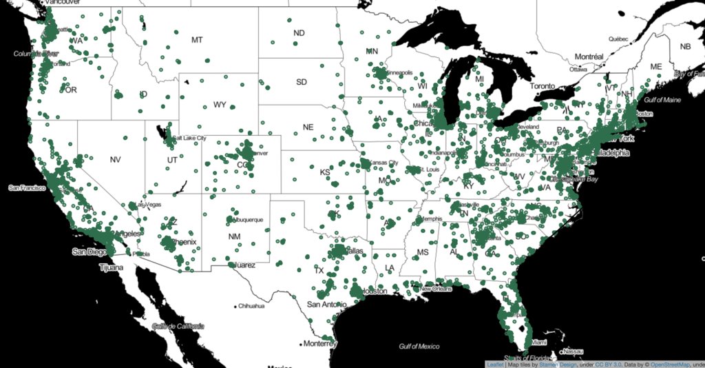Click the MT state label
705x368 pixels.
tap(197, 40)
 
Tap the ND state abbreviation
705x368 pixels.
tap(299, 33)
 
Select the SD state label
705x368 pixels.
tap(302, 82)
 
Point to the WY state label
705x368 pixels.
tap(220, 105)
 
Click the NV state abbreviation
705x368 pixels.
tap(115, 160)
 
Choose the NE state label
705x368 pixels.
tap(308, 127)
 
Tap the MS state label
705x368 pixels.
tap(423, 253)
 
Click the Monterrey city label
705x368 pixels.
tap(319, 343)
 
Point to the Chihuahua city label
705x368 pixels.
tap(251, 306)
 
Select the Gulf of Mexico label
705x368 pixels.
tap(419, 345)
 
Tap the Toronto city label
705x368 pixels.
tap(547, 87)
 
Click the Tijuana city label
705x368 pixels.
tap(114, 266)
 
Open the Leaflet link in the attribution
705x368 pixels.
tap(495, 364)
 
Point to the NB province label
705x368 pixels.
tap(685, 47)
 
